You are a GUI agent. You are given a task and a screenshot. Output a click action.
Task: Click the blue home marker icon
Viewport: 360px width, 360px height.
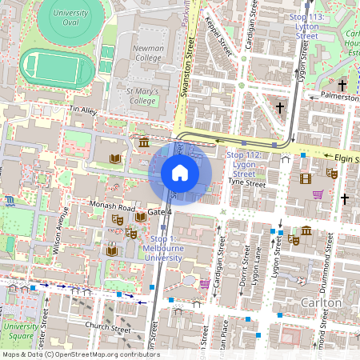(180, 173)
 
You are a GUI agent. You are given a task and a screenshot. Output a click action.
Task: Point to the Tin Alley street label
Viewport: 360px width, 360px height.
(82, 109)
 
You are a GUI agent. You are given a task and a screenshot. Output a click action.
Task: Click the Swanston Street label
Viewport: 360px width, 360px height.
(190, 72)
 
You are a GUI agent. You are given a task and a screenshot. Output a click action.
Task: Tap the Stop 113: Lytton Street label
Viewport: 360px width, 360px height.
(306, 26)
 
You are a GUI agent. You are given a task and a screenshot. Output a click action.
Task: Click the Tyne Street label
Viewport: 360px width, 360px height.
(246, 183)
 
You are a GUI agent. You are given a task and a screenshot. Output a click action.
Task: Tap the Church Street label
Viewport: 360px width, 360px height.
(107, 328)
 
